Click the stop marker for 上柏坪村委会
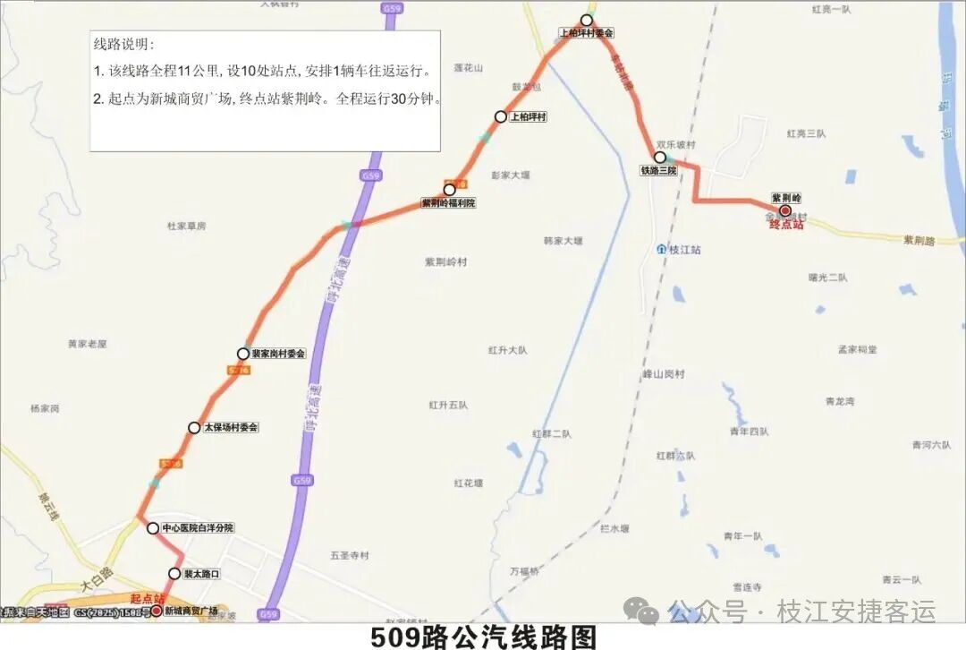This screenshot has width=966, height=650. tap(587, 20)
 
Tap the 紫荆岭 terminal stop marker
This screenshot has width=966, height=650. tap(785, 211)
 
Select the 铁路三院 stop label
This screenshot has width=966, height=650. tap(658, 169)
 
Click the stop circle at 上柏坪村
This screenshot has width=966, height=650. tap(501, 116)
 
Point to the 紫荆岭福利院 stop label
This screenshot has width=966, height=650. tap(449, 203)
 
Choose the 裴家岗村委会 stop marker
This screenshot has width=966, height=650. tap(243, 354)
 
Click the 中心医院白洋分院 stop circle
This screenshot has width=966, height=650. tap(153, 528)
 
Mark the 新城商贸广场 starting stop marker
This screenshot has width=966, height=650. tap(157, 611)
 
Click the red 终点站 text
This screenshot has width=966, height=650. tap(787, 225)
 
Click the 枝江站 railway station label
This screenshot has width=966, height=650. tap(684, 250)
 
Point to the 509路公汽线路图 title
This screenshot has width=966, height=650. tap(483, 637)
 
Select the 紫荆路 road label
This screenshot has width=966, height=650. tap(918, 240)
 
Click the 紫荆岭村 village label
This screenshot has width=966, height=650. tap(445, 261)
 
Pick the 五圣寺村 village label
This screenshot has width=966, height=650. tap(349, 555)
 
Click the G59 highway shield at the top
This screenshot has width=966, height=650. tap(391, 8)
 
